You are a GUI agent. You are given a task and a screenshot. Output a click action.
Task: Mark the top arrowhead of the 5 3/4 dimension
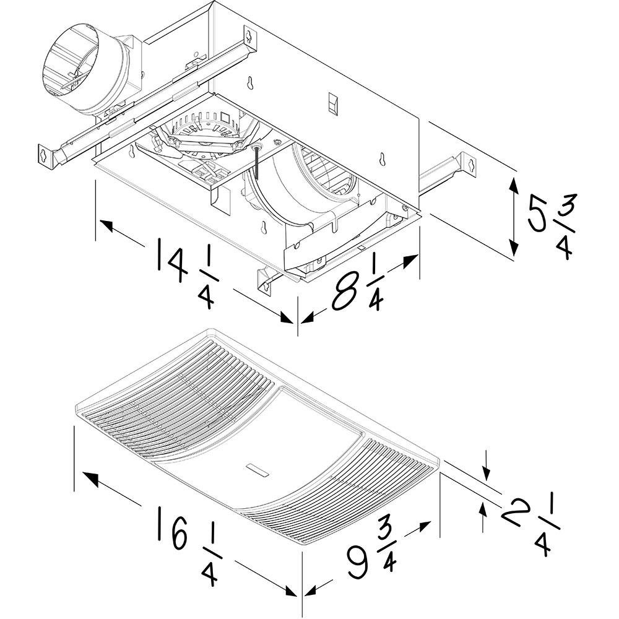pyautogui.click(x=514, y=182)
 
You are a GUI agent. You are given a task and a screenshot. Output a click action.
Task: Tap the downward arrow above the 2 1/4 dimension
pyautogui.click(x=488, y=474)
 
